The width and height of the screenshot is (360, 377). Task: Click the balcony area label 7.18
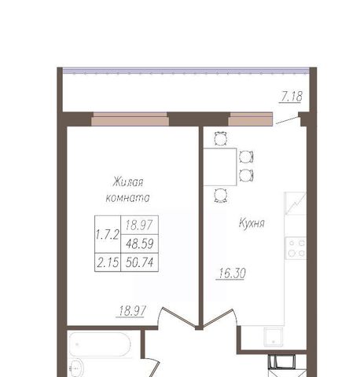292,97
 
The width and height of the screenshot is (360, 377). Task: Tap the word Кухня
252,223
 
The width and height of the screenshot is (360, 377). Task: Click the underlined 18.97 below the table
132,311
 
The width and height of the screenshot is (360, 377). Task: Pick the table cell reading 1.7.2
108,234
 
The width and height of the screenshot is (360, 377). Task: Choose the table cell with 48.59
139,243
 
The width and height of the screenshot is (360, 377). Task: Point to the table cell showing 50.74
139,262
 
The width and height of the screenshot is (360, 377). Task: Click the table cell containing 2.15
108,262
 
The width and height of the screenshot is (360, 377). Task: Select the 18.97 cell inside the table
139,225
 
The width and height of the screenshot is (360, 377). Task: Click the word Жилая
128,182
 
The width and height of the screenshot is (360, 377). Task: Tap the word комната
127,198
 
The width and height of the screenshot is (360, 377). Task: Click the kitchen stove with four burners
296,248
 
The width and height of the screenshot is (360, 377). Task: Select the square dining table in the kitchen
220,167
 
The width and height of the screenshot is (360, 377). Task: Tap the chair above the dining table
221,138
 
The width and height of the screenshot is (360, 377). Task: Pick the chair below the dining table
221,196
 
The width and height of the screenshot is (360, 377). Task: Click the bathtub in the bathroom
100,344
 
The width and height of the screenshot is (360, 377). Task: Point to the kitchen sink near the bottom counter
274,337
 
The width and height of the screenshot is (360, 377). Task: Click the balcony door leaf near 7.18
288,121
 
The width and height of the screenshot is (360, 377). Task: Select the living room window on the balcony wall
130,119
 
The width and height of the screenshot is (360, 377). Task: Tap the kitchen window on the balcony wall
251,119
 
